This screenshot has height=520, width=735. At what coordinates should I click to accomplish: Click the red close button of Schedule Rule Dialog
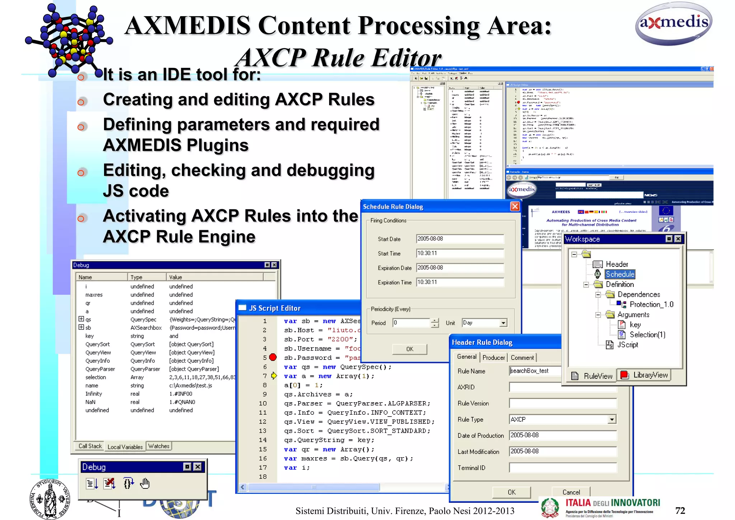click(x=515, y=206)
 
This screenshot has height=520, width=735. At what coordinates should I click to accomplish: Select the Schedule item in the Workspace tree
click(x=620, y=274)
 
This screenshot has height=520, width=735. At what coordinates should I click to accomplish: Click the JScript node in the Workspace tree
click(x=627, y=345)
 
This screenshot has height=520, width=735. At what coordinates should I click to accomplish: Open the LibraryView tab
click(x=645, y=375)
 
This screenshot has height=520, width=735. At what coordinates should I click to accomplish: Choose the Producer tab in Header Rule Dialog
click(x=493, y=357)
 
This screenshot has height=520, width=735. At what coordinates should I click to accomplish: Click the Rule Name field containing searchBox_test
click(x=535, y=371)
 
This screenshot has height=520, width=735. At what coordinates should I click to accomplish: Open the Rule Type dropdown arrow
click(x=612, y=419)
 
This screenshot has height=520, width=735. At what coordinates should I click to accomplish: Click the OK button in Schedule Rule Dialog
click(x=409, y=349)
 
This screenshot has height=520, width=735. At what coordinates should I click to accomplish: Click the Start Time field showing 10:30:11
click(x=460, y=253)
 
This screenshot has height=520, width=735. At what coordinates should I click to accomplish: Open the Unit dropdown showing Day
click(x=503, y=323)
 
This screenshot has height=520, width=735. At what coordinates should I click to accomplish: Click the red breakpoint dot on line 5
click(x=273, y=357)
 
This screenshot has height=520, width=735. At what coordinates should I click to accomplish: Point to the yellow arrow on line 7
click(x=274, y=376)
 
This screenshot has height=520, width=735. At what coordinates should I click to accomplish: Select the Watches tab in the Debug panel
click(x=159, y=446)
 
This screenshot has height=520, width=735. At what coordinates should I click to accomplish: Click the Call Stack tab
click(x=90, y=446)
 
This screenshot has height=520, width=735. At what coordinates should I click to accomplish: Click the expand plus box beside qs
click(x=81, y=319)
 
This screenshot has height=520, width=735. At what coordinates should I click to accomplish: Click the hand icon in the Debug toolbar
click(x=145, y=484)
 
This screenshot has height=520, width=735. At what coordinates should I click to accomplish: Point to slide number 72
click(x=680, y=511)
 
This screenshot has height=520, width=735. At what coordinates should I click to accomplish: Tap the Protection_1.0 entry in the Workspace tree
click(x=651, y=305)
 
